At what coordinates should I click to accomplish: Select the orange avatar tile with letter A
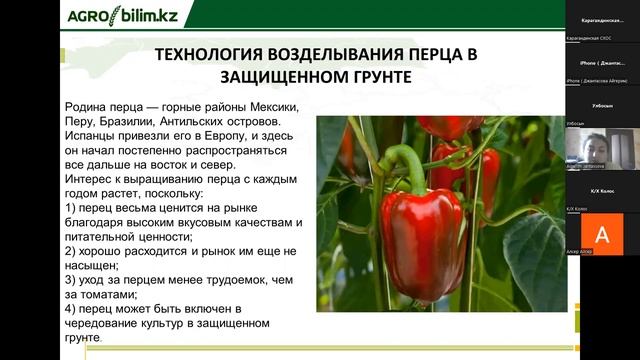[601, 232]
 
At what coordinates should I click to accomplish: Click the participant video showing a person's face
[601, 146]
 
